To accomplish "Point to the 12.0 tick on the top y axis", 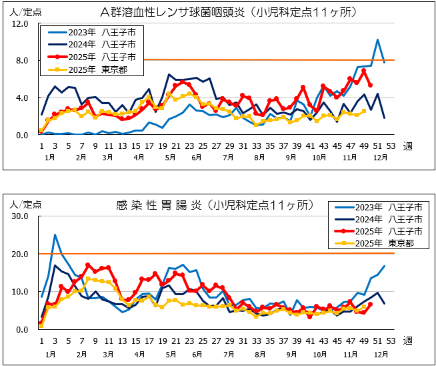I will click(20, 23).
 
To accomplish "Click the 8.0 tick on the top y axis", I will click(20, 61).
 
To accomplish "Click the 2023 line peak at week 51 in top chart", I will click(377, 39).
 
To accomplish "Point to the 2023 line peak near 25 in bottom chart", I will click(55, 235).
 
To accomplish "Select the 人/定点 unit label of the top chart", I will click(21, 11).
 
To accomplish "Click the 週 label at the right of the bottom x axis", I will click(407, 340).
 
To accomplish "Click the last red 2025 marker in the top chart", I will click(370, 85).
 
